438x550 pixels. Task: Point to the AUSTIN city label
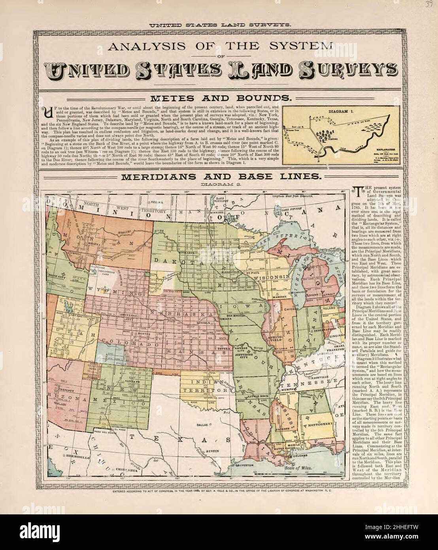(x=213, y=451)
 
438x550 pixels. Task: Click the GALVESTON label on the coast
(x=245, y=466)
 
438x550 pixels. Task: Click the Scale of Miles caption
(x=298, y=467)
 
